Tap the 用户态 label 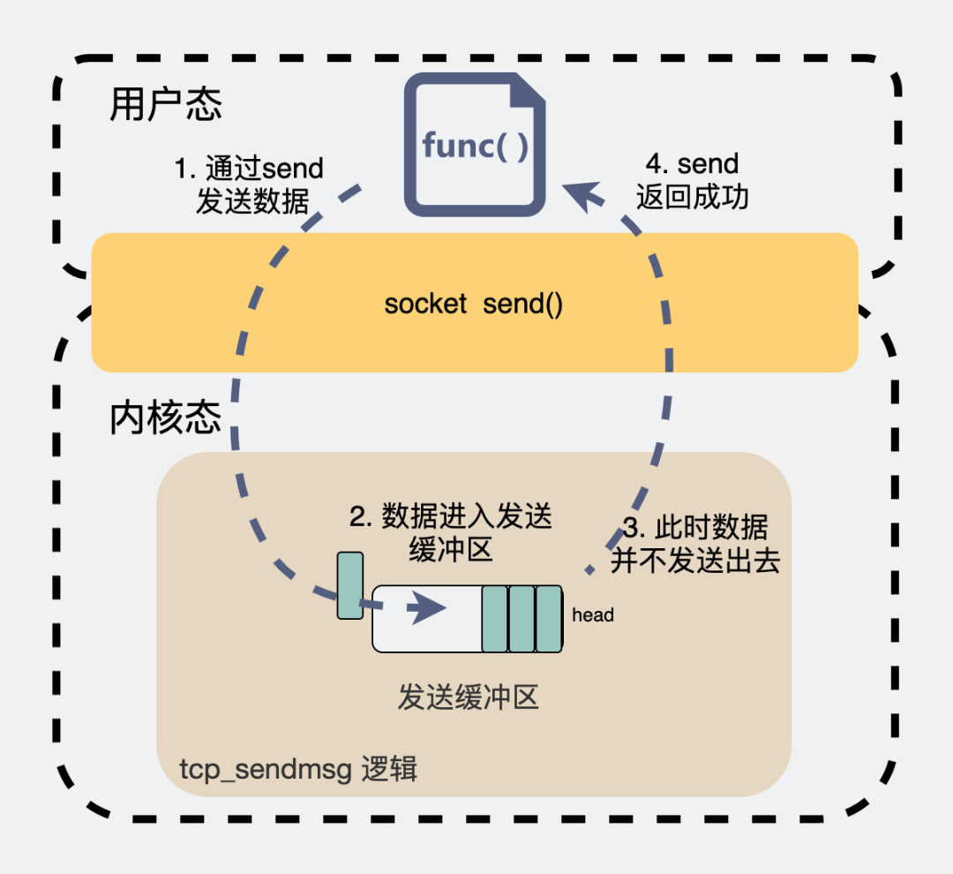pyautogui.click(x=166, y=105)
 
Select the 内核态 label pyautogui.click(x=166, y=418)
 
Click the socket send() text pyautogui.click(x=474, y=305)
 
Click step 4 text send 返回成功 pyautogui.click(x=692, y=180)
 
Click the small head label pyautogui.click(x=592, y=615)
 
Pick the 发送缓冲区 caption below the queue pyautogui.click(x=468, y=698)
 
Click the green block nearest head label pyautogui.click(x=549, y=619)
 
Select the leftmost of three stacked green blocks pyautogui.click(x=494, y=619)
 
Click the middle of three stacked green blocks pyautogui.click(x=522, y=619)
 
